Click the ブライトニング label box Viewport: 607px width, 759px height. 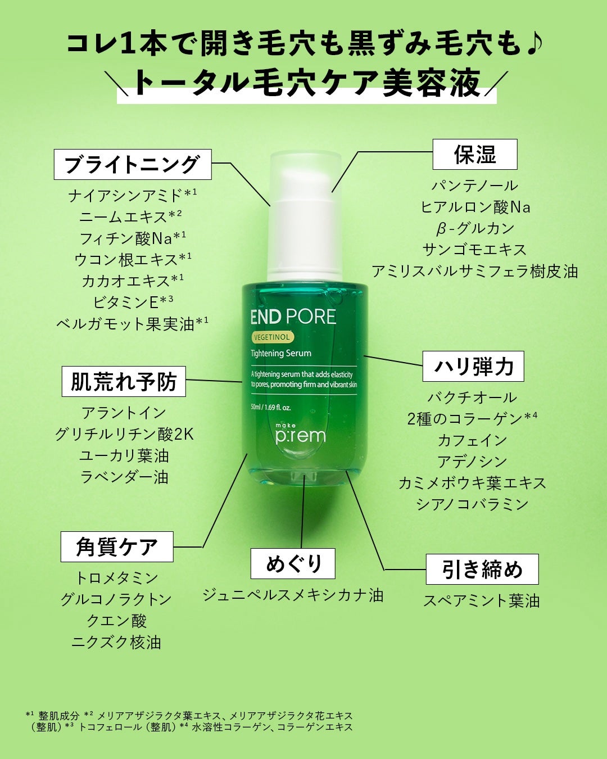(133, 164)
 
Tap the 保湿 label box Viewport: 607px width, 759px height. (475, 154)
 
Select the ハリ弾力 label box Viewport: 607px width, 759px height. (473, 366)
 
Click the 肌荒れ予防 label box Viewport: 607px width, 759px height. (124, 381)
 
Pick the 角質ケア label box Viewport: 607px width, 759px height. (117, 546)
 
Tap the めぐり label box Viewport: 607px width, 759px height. (293, 563)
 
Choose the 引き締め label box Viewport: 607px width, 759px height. (482, 569)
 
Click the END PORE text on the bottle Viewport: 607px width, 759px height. (293, 317)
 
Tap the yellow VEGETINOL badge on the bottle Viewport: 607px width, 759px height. (272, 337)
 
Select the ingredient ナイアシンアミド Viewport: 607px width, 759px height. (125, 196)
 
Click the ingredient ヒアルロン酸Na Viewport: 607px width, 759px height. (475, 207)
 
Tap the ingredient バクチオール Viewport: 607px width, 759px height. (472, 397)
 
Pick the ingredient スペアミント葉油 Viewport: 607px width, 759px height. (482, 600)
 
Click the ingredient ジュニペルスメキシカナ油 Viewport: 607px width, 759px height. (293, 595)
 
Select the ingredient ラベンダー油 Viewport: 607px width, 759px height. (124, 477)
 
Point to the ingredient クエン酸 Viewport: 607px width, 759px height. (116, 621)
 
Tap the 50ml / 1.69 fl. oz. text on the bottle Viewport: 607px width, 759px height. (270, 408)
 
